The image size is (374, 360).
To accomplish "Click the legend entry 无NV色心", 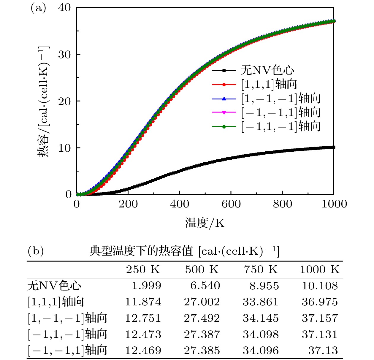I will point(267,70).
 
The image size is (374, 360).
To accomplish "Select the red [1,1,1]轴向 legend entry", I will point(269,84).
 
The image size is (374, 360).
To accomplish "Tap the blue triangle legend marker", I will point(224,99).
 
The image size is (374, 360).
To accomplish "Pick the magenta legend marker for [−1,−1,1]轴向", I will point(224,112).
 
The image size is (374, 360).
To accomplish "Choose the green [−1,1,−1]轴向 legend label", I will point(280,126).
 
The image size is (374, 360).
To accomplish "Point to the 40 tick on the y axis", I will point(64,8).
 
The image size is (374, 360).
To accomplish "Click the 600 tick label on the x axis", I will point(231,204).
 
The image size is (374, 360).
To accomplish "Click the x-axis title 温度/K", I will point(205,223).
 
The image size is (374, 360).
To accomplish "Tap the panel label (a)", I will point(38,8).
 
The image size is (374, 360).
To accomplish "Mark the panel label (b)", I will point(36,251).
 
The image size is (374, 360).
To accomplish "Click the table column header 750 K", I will point(261,269).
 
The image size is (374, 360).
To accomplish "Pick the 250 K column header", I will point(143,269).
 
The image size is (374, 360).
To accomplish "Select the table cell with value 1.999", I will point(146,286).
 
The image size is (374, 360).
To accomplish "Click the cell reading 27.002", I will point(202,302).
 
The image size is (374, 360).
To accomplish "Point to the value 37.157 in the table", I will point(320,318).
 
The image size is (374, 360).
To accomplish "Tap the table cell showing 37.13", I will point(323,351).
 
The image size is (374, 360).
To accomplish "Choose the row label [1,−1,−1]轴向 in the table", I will point(67,318).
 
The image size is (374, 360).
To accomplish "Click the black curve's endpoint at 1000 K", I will point(334,147).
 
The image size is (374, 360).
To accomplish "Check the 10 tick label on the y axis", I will point(64,148).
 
